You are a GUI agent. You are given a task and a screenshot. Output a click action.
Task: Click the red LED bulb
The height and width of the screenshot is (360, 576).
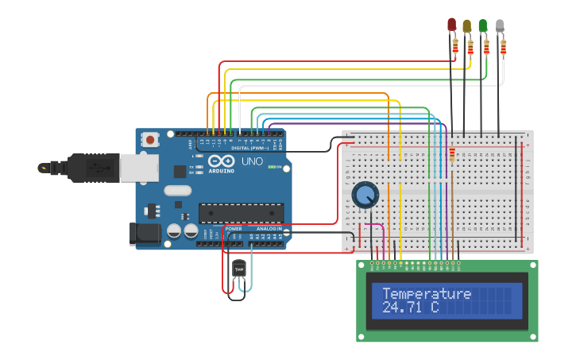(452, 25)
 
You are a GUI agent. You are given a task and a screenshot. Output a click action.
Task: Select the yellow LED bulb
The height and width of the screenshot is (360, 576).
(467, 25)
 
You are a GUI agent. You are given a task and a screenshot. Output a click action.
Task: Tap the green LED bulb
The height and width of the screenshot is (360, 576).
(483, 25)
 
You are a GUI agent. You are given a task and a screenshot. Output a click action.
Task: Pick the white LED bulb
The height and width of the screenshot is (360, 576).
(500, 25)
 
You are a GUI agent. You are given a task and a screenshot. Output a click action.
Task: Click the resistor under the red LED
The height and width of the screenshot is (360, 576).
(455, 47)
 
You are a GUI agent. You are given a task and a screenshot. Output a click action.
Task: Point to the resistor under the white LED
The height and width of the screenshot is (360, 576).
(503, 47)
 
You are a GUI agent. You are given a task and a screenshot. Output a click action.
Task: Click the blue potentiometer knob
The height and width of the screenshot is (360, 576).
(365, 194)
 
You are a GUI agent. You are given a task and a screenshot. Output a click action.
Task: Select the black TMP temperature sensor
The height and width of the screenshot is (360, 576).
(238, 269)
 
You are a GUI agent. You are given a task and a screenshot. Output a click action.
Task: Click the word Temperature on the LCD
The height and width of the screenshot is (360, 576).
(426, 294)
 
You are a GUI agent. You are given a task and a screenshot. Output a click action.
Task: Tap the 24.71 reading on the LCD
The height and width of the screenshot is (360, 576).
(403, 307)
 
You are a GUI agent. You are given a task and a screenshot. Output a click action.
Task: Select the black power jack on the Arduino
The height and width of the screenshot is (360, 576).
(143, 233)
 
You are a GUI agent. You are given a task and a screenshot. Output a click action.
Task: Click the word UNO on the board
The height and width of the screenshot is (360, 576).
(252, 161)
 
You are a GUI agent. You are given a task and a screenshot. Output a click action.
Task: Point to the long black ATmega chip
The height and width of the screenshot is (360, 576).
(241, 212)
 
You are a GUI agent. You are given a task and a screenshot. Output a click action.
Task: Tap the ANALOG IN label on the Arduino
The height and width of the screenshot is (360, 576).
(268, 229)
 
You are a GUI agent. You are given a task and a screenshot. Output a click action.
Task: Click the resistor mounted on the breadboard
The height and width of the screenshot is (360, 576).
(453, 153)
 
